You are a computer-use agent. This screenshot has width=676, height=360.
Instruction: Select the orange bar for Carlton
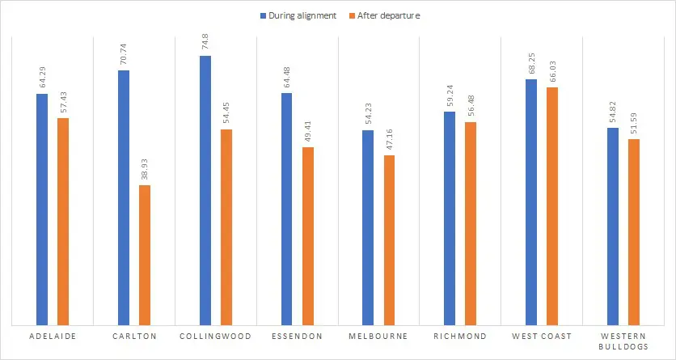click(x=145, y=255)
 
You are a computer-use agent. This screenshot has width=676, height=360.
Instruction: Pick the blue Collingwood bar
click(x=205, y=190)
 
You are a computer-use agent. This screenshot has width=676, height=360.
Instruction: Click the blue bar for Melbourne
click(x=368, y=227)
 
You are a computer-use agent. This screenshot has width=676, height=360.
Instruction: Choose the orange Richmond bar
click(x=471, y=223)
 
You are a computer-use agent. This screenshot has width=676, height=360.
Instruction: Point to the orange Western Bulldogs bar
click(x=634, y=231)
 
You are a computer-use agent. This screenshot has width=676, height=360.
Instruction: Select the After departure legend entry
click(x=387, y=15)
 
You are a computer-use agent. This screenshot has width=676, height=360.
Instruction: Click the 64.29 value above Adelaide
click(x=43, y=77)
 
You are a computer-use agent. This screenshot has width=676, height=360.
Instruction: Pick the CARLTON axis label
click(x=134, y=337)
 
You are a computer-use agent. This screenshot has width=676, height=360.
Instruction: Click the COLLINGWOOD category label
click(x=216, y=337)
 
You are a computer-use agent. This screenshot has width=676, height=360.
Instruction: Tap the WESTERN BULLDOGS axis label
click(x=623, y=341)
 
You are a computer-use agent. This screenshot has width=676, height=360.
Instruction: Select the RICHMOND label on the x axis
click(x=460, y=337)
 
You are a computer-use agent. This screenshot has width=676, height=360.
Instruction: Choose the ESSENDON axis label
click(x=298, y=337)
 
